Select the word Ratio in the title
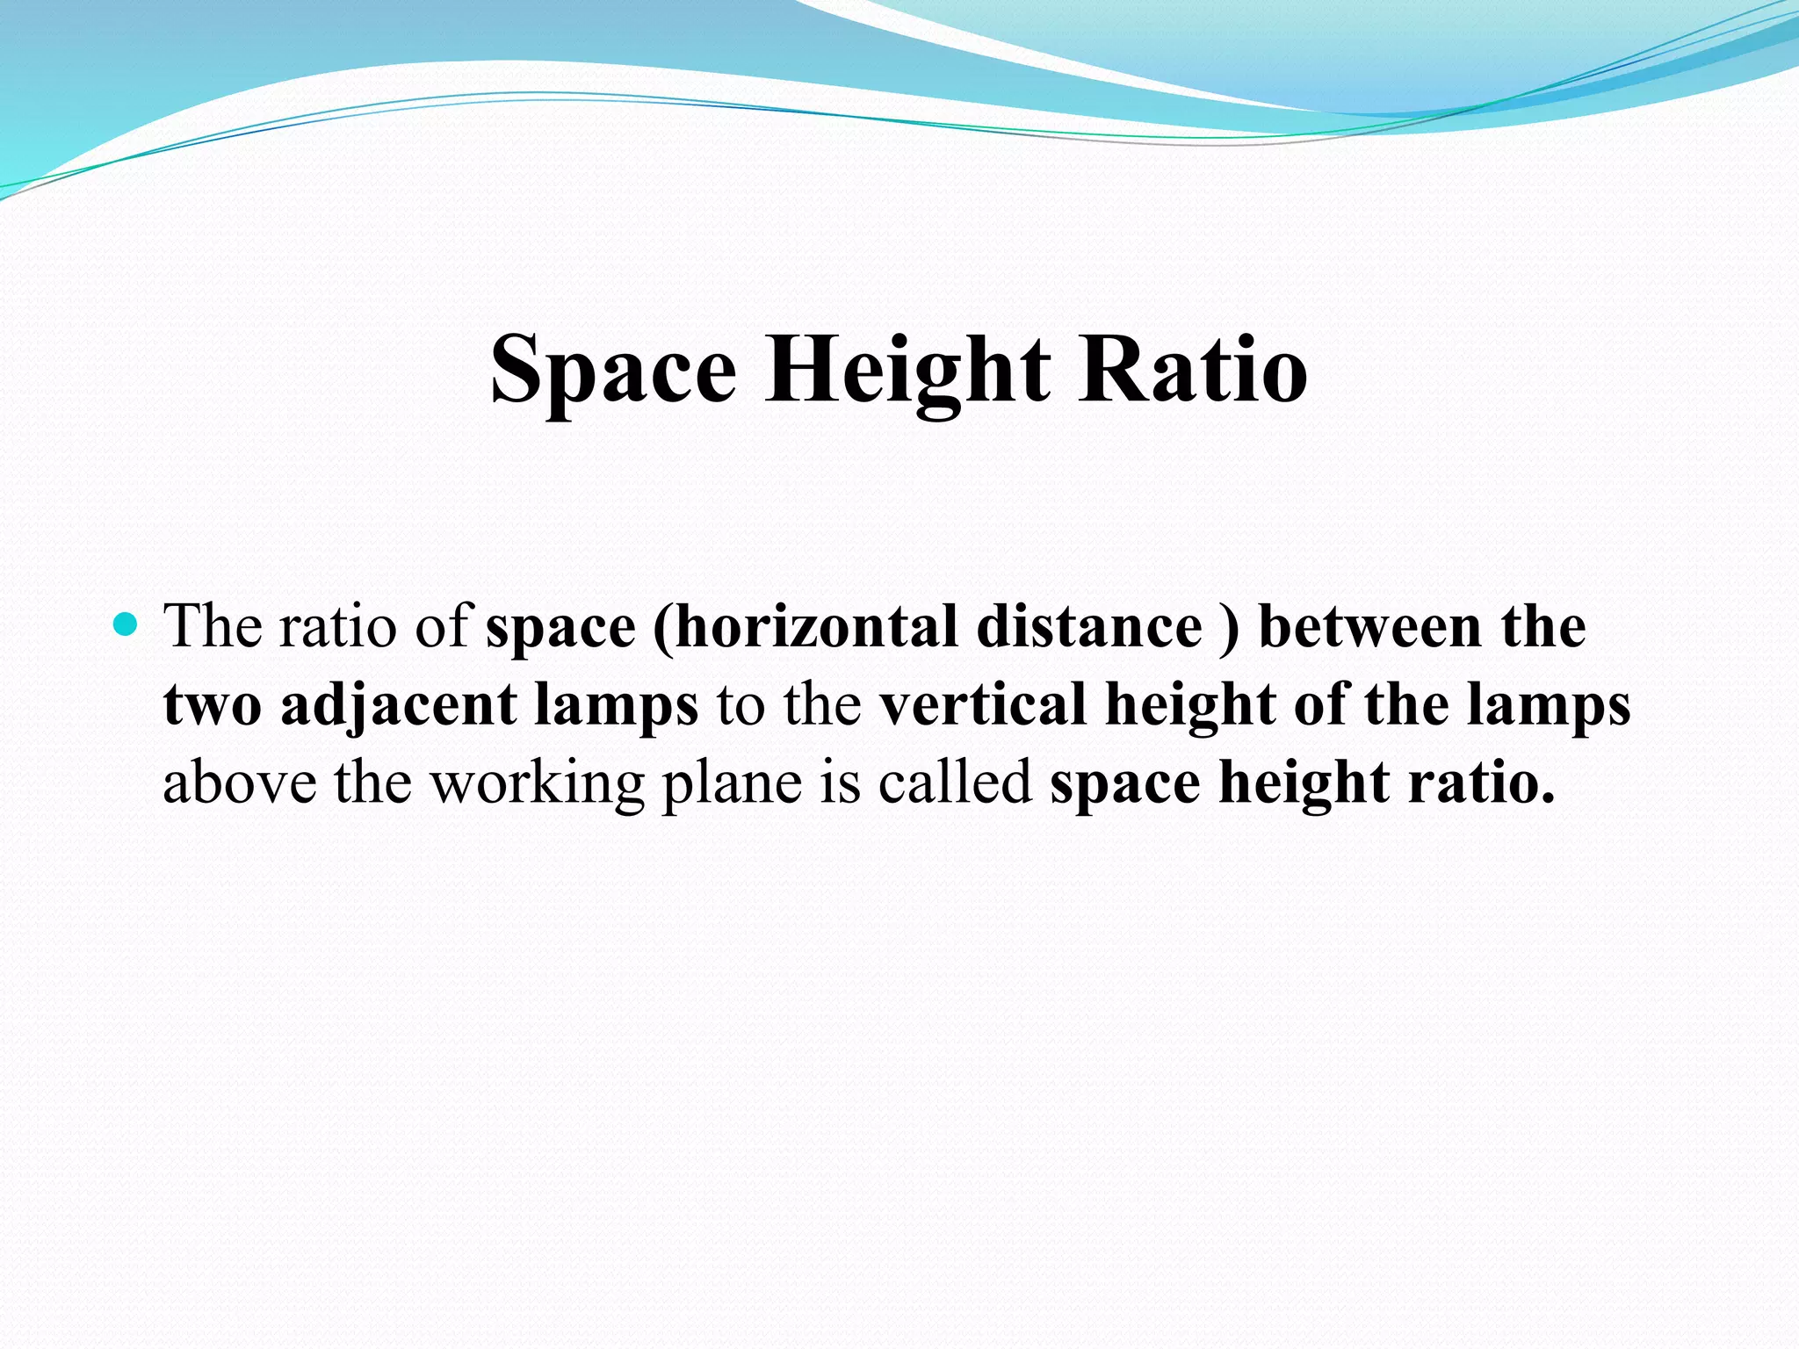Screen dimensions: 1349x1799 click(1194, 369)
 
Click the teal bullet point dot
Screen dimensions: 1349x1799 click(127, 624)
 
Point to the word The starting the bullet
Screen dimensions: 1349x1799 click(213, 626)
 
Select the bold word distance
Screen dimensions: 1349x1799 click(1088, 627)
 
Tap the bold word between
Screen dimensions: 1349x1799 click(1370, 627)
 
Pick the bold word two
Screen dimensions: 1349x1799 click(212, 706)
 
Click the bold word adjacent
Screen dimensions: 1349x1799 click(399, 706)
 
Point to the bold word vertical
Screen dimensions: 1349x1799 click(984, 704)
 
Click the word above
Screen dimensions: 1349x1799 click(240, 782)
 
